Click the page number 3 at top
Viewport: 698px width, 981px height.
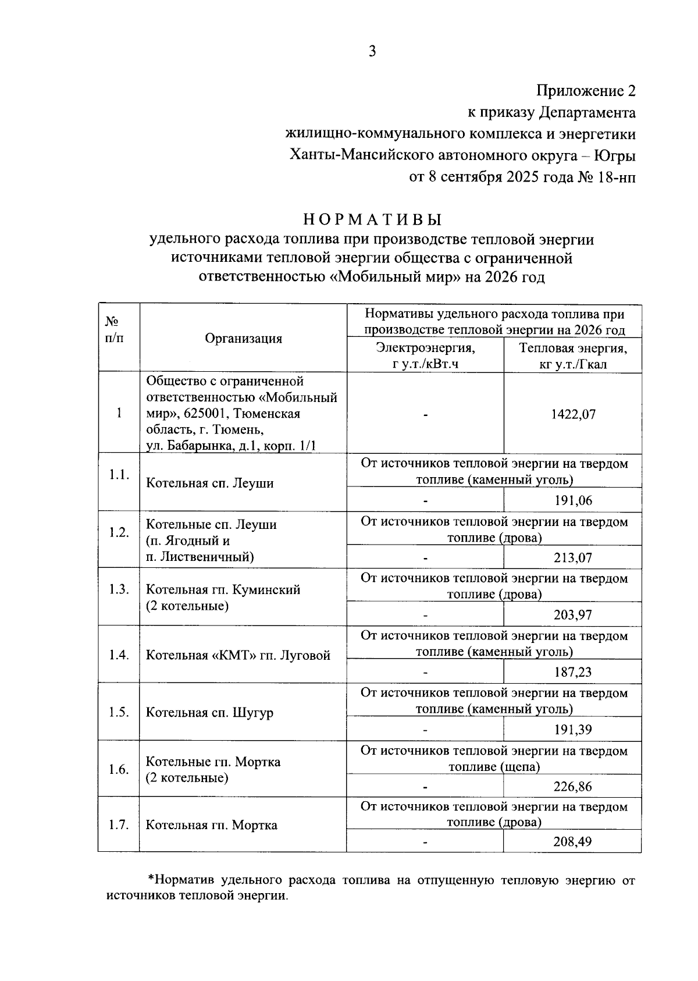(x=372, y=52)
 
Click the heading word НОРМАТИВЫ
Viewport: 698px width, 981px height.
(x=372, y=220)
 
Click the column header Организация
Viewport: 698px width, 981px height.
(x=243, y=339)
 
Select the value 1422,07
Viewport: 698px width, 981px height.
(x=573, y=414)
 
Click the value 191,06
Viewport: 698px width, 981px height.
(x=573, y=500)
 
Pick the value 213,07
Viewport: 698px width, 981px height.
(x=573, y=557)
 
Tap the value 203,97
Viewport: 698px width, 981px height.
(x=573, y=614)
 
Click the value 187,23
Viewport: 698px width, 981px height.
(x=573, y=672)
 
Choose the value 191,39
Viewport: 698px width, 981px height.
(x=573, y=729)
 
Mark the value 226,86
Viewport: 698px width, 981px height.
(x=573, y=787)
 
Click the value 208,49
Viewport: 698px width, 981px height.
(x=573, y=841)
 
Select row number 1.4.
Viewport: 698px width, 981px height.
(x=119, y=655)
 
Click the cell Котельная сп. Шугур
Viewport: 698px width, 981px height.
(x=209, y=713)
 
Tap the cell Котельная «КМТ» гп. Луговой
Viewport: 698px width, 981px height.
(x=237, y=655)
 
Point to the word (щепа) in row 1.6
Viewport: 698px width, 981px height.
(x=519, y=767)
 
